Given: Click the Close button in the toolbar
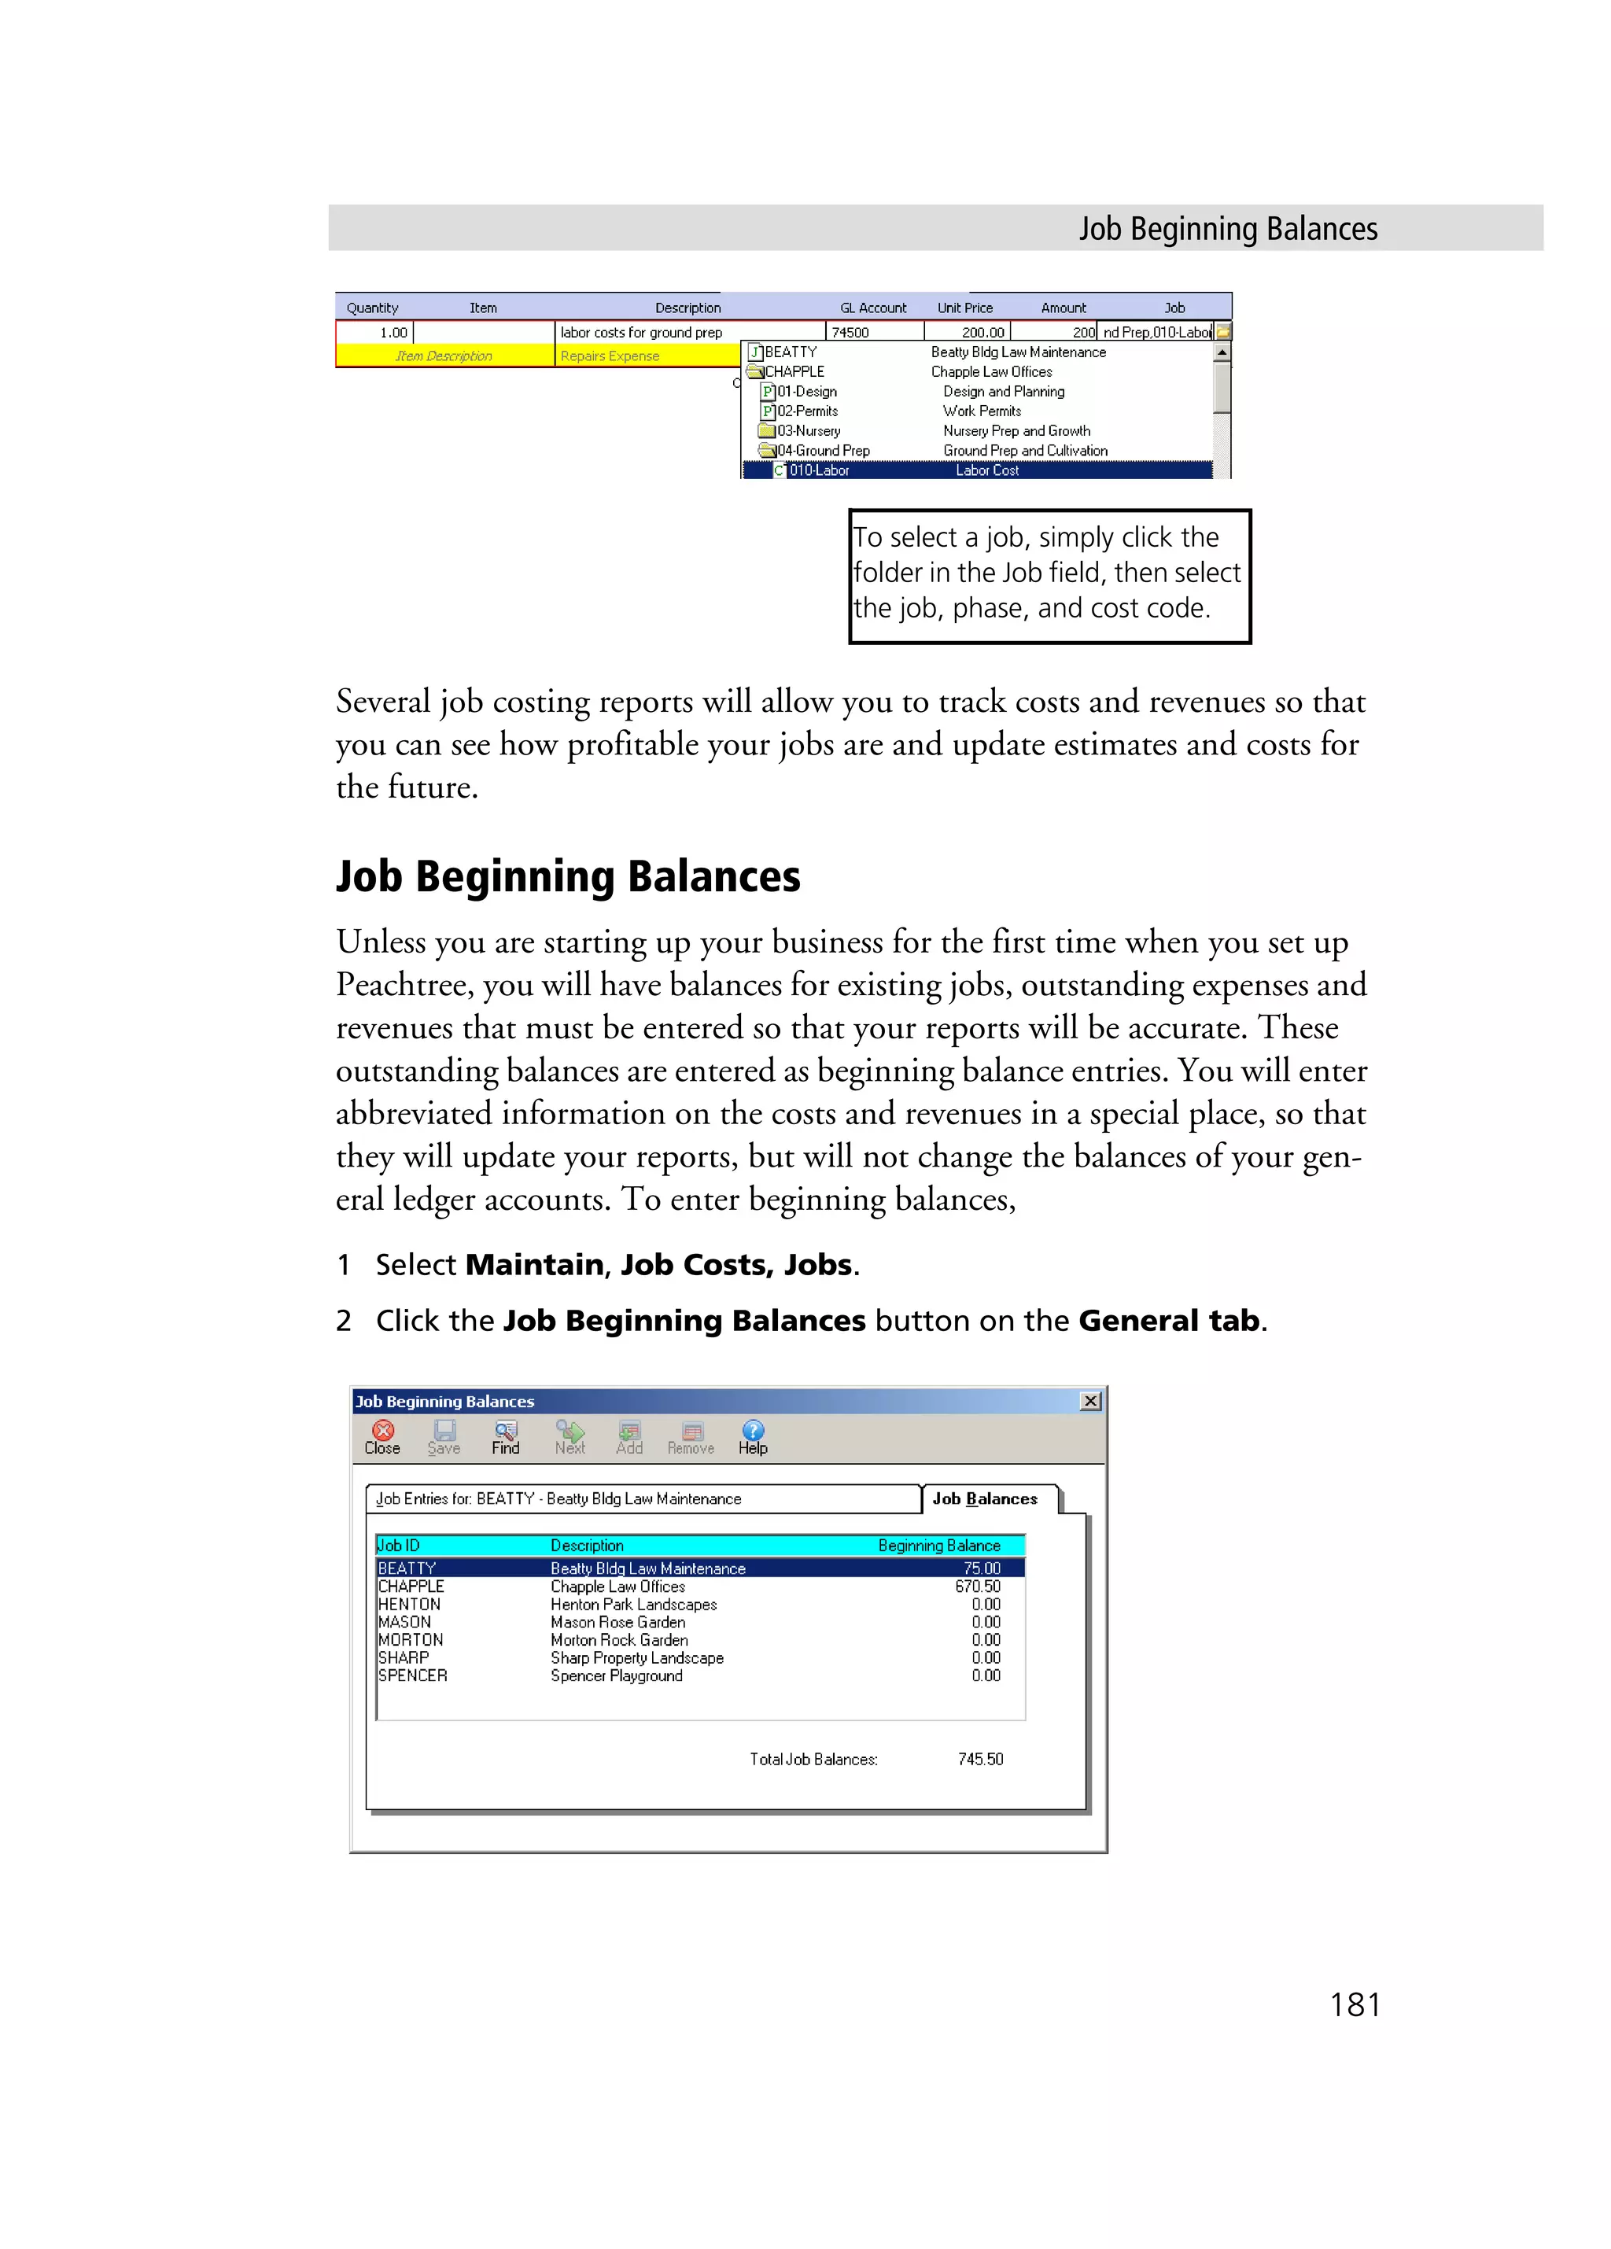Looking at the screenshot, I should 382,1437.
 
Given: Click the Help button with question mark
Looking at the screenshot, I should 753,1437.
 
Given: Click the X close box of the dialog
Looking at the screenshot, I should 1090,1400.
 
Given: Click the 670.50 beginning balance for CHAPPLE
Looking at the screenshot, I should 978,1586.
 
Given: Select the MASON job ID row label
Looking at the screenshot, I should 404,1621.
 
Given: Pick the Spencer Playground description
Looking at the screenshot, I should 617,1675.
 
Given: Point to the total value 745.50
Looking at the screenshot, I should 980,1758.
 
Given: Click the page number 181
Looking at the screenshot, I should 1355,2004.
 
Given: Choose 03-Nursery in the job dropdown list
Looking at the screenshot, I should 808,430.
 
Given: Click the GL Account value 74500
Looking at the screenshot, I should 850,332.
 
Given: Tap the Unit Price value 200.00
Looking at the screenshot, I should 982,332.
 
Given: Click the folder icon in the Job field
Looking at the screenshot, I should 1223,332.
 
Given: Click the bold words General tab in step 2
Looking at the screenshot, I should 1168,1320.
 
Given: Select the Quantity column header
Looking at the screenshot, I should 372,308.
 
